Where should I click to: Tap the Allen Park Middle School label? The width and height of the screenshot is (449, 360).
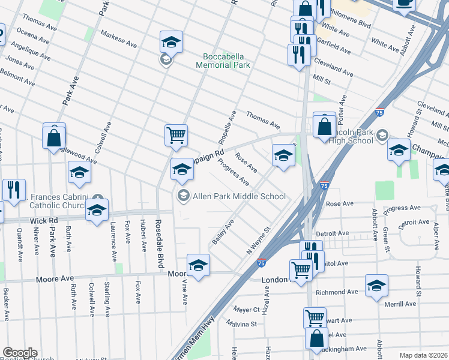pyautogui.click(x=238, y=196)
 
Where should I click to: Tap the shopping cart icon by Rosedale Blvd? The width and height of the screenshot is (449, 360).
pyautogui.click(x=176, y=135)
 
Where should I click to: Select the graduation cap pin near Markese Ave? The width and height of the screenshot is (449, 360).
pyautogui.click(x=171, y=41)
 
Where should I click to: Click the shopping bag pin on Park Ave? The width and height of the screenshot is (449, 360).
pyautogui.click(x=54, y=136)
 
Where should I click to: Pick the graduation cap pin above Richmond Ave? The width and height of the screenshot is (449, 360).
pyautogui.click(x=376, y=285)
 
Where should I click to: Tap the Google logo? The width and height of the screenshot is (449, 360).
pyautogui.click(x=20, y=353)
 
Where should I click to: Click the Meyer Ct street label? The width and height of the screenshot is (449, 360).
pyautogui.click(x=246, y=310)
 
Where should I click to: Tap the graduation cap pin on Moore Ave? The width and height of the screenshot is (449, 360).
pyautogui.click(x=198, y=265)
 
